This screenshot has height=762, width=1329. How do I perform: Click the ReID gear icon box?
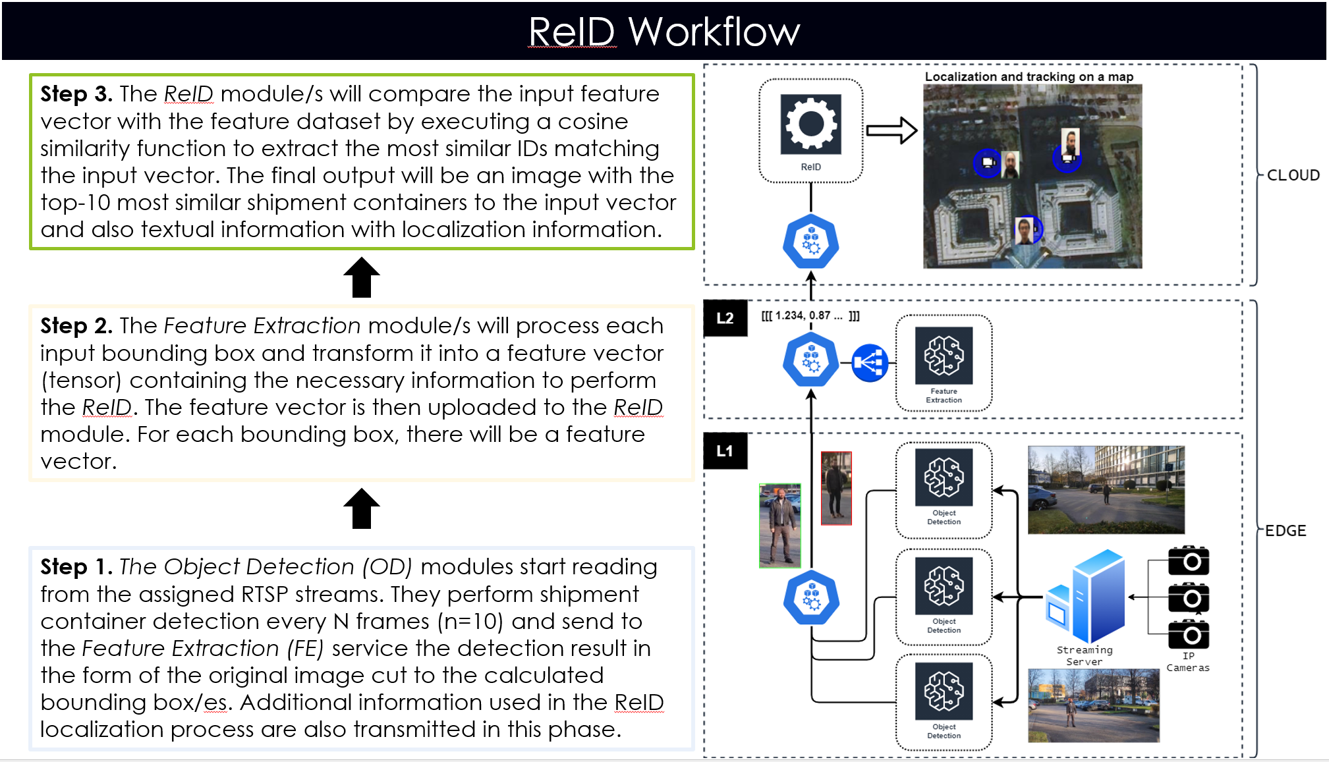810,125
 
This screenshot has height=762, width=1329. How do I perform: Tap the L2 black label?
725,318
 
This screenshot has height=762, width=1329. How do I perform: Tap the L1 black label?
725,451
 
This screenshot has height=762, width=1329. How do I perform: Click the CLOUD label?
1293,175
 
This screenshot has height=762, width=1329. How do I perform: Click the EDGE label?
1285,531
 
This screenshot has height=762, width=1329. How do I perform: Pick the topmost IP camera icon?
1188,561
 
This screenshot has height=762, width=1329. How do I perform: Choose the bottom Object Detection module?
944,693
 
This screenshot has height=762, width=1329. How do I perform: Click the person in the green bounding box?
779,526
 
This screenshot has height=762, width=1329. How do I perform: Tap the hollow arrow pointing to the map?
891,130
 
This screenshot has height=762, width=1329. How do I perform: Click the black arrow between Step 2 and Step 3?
362,277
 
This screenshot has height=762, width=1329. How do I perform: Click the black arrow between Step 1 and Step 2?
362,508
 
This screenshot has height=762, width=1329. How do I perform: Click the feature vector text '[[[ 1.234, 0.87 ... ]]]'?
810,315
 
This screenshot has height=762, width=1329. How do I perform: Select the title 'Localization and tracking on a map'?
1029,77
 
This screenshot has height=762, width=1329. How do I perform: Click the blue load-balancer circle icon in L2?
869,363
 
